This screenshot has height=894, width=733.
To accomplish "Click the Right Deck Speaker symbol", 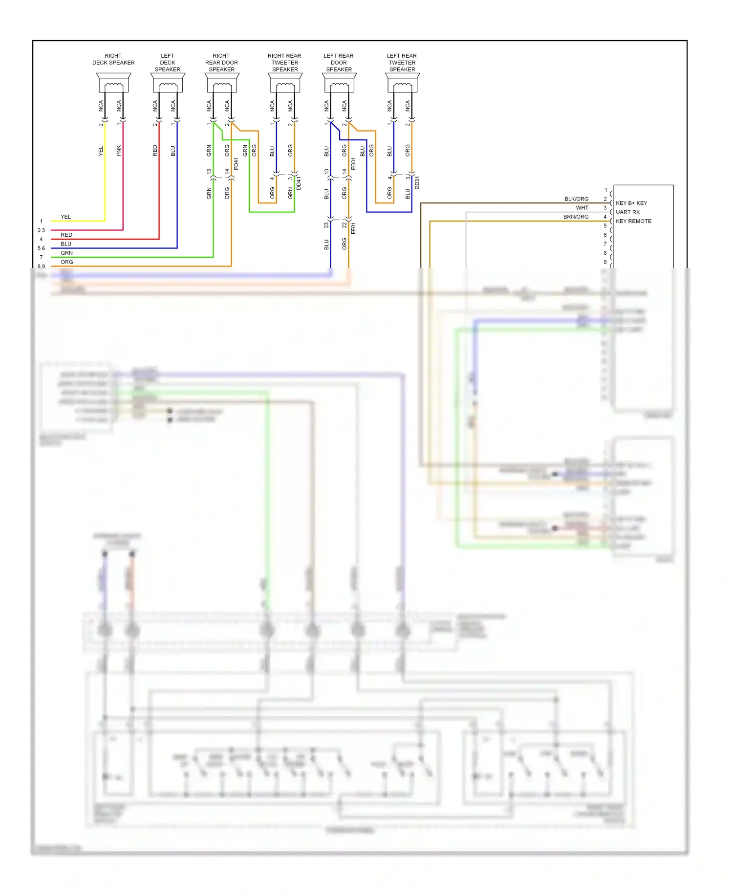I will pyautogui.click(x=113, y=83).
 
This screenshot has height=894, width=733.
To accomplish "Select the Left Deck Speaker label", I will pyautogui.click(x=167, y=63).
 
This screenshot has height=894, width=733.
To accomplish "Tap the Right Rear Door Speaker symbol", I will pyautogui.click(x=222, y=83).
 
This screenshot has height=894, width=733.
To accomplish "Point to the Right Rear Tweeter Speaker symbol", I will pyautogui.click(x=285, y=83).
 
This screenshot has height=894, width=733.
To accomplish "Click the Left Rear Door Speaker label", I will pyautogui.click(x=339, y=63).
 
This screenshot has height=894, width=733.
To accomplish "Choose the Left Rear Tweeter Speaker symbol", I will pyautogui.click(x=402, y=83).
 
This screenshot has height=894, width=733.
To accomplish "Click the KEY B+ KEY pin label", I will pyautogui.click(x=631, y=203).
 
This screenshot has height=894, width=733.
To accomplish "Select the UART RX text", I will pyautogui.click(x=627, y=212).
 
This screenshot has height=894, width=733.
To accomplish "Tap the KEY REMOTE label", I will pyautogui.click(x=633, y=221).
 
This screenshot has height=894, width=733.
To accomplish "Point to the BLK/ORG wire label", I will pyautogui.click(x=576, y=199).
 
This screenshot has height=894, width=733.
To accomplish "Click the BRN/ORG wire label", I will pyautogui.click(x=576, y=217).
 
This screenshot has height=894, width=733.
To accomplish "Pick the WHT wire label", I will pyautogui.click(x=582, y=208).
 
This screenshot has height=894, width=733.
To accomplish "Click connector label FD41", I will pyautogui.click(x=237, y=164).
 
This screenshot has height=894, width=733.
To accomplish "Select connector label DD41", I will pyautogui.click(x=299, y=183).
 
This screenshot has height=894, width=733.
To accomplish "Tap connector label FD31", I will pyautogui.click(x=354, y=164).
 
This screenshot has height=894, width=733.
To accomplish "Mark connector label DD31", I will pyautogui.click(x=417, y=183).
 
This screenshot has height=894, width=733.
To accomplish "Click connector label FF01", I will pyautogui.click(x=354, y=228).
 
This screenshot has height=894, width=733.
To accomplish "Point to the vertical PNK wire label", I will pyautogui.click(x=119, y=151).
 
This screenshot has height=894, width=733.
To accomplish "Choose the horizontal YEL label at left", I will pyautogui.click(x=65, y=217).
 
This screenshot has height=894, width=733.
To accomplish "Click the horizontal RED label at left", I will pyautogui.click(x=66, y=235).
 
